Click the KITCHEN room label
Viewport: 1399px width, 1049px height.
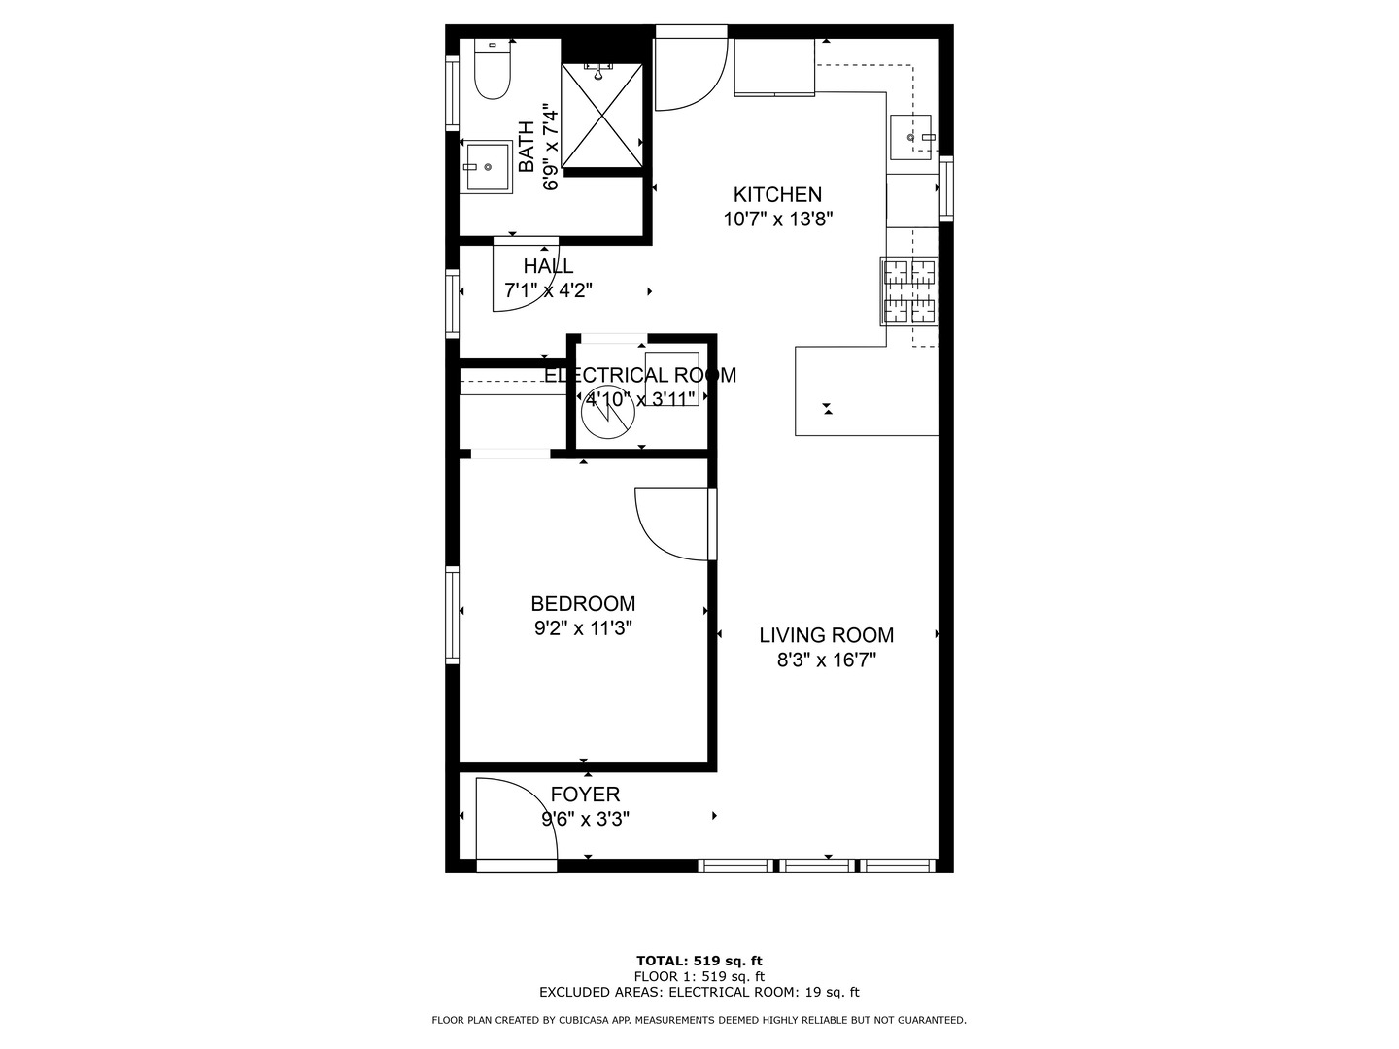pyautogui.click(x=777, y=194)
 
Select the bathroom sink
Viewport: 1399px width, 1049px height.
pyautogui.click(x=486, y=167)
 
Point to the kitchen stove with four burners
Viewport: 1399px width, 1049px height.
pyautogui.click(x=909, y=291)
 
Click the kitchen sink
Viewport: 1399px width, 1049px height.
pyautogui.click(x=911, y=137)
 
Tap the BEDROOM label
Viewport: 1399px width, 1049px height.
pyautogui.click(x=583, y=603)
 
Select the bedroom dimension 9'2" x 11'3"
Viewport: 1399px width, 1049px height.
pyautogui.click(x=583, y=628)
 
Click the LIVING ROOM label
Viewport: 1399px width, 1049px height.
pyautogui.click(x=826, y=635)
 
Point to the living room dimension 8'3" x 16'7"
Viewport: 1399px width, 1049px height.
pyautogui.click(x=826, y=661)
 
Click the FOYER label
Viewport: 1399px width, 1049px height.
pyautogui.click(x=585, y=795)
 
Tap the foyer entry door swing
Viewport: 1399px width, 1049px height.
pyautogui.click(x=515, y=821)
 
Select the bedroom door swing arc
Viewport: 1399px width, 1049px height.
pyautogui.click(x=672, y=524)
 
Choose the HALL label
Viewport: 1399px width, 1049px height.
pyautogui.click(x=548, y=266)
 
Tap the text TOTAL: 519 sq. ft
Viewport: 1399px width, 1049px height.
pyautogui.click(x=699, y=961)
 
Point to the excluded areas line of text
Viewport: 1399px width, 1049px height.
pyautogui.click(x=699, y=992)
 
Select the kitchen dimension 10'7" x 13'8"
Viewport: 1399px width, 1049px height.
pyautogui.click(x=777, y=220)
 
